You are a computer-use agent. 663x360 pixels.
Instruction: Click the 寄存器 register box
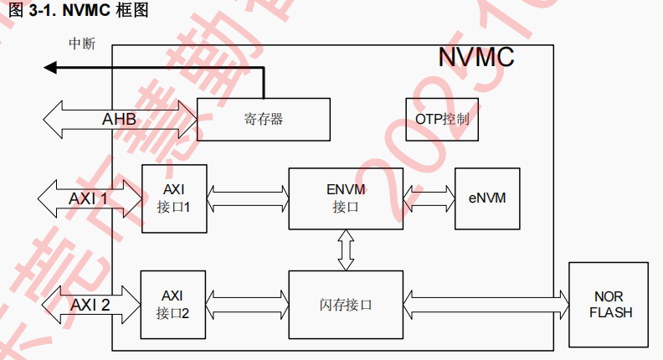[259, 119]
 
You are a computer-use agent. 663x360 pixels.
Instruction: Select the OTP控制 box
[442, 119]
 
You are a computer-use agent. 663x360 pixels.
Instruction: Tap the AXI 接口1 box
[173, 197]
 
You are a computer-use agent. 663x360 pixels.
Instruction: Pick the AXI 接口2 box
[173, 304]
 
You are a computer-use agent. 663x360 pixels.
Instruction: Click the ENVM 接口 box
[345, 198]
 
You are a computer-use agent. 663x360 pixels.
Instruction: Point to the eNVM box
[486, 198]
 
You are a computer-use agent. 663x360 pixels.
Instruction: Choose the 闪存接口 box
[345, 304]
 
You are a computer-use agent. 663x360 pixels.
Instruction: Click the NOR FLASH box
[608, 304]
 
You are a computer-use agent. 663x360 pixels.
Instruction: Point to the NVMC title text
[475, 58]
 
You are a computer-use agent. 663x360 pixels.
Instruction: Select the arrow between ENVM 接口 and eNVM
[428, 198]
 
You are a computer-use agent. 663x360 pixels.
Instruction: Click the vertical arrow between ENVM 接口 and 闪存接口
[345, 250]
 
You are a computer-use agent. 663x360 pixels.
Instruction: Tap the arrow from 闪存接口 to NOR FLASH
[486, 297]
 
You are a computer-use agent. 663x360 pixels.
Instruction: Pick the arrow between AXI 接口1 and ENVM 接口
[247, 198]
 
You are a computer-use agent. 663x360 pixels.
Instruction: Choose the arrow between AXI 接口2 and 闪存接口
[247, 297]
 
